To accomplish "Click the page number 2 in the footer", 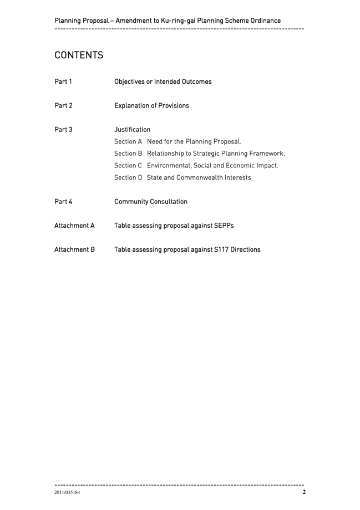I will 303,492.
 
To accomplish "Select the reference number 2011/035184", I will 67,493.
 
